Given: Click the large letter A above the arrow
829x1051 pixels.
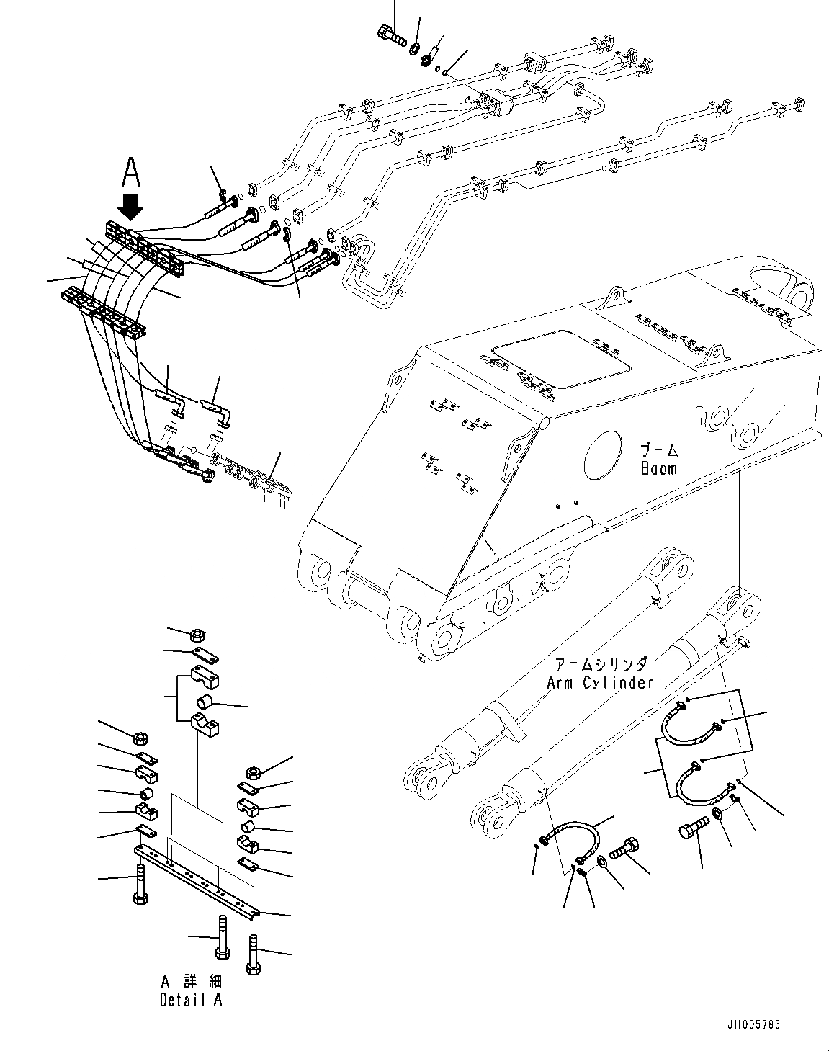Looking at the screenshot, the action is (130, 173).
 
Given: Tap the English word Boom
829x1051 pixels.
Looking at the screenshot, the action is (658, 468).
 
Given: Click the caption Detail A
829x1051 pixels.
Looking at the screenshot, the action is (191, 1001).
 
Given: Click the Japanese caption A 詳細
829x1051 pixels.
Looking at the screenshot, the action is (191, 983).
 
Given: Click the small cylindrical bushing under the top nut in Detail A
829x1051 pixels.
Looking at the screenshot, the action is (205, 702).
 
